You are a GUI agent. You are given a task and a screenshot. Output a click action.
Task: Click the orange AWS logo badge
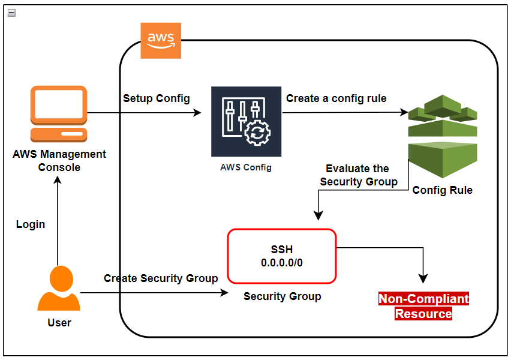pyautogui.click(x=161, y=41)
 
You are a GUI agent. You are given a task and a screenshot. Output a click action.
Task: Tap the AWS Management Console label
pyautogui.click(x=59, y=161)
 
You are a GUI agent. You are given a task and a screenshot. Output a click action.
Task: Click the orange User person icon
pyautogui.click(x=59, y=289)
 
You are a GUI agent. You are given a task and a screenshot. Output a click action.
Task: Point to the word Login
pyautogui.click(x=31, y=224)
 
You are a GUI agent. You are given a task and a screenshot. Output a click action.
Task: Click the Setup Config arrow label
pyautogui.click(x=157, y=98)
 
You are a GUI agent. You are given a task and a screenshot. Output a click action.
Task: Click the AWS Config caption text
pyautogui.click(x=246, y=167)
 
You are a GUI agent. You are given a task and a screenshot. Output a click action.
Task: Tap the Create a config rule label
pyautogui.click(x=336, y=98)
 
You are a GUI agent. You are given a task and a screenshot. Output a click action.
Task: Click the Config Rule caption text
pyautogui.click(x=443, y=190)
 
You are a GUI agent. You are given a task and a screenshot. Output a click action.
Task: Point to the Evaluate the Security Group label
pyautogui.click(x=358, y=175)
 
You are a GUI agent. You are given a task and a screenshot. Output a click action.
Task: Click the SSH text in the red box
pyautogui.click(x=282, y=250)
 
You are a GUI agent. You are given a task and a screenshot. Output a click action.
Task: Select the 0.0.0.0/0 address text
pyautogui.click(x=282, y=263)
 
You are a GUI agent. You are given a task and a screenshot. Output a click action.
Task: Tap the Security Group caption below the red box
pyautogui.click(x=282, y=296)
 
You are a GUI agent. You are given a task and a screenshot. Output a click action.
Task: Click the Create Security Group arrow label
pyautogui.click(x=161, y=278)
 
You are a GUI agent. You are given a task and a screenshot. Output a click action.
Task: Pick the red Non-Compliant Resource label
pyautogui.click(x=423, y=306)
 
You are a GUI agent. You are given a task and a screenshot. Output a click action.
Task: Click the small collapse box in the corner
pyautogui.click(x=11, y=12)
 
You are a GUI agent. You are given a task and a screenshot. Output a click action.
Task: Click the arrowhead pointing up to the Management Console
pyautogui.click(x=58, y=182)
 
